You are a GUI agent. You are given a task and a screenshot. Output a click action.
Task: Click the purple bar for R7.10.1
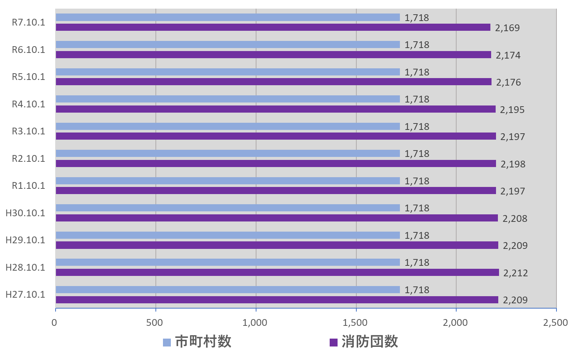coord(273,27)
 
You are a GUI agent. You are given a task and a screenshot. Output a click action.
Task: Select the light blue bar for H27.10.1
coord(228,289)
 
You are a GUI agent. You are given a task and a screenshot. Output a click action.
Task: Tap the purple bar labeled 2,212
coord(277,273)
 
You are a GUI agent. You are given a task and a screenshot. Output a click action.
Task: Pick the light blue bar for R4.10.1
coord(228,99)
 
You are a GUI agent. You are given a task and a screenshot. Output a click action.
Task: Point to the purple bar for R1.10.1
coord(276,191)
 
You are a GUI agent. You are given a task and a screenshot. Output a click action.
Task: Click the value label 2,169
coord(507,28)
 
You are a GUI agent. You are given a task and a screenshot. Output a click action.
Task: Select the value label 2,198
coord(513,164)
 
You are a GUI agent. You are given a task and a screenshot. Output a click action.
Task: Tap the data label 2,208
coord(515,218)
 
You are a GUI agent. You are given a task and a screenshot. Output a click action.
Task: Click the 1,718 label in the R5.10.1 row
coord(417,72)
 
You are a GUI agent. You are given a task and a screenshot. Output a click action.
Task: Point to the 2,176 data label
coord(508,82)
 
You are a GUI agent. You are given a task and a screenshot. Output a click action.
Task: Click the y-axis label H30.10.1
coord(25,213)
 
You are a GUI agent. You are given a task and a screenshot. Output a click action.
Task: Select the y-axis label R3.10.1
coord(29,131)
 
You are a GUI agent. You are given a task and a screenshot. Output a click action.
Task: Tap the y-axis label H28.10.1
coord(25,268)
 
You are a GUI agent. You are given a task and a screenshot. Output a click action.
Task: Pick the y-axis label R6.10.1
coord(29,50)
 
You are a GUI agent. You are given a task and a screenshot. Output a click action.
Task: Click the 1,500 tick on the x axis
coord(355,322)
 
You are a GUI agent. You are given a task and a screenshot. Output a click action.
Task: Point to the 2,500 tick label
coord(555,322)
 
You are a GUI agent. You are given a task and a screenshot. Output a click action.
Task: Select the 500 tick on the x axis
coord(155,322)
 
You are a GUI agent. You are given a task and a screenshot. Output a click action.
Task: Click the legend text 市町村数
coord(203,342)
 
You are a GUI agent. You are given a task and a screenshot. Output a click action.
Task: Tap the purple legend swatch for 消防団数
coord(333,342)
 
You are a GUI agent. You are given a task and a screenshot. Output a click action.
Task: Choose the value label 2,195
coord(512,110)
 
